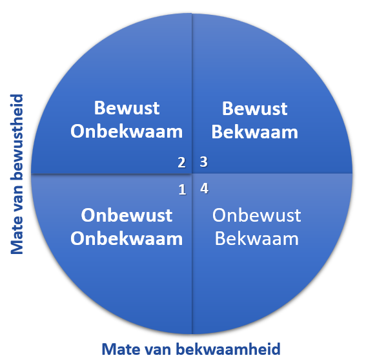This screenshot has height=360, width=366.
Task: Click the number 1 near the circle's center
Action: (x=182, y=189)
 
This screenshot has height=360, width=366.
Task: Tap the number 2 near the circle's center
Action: (x=181, y=162)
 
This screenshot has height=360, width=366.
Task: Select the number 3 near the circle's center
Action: (x=204, y=162)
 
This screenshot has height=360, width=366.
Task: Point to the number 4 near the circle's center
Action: (x=204, y=189)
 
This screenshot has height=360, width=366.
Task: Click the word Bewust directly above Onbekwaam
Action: (x=127, y=108)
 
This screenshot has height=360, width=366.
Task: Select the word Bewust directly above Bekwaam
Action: (x=255, y=109)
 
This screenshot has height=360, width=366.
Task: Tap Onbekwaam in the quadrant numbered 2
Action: (x=127, y=131)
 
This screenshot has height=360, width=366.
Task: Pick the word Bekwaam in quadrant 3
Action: (x=255, y=132)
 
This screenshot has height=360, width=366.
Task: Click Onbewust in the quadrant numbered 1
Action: (x=127, y=215)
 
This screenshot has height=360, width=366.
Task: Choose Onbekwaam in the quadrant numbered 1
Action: (x=127, y=238)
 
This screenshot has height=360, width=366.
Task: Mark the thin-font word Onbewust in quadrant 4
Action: (x=256, y=215)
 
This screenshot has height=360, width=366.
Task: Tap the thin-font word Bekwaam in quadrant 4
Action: (x=256, y=238)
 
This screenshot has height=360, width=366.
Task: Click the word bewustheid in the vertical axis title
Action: (x=17, y=137)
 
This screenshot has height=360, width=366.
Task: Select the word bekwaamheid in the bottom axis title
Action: (x=228, y=349)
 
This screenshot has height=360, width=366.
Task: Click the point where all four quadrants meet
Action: (x=192, y=174)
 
